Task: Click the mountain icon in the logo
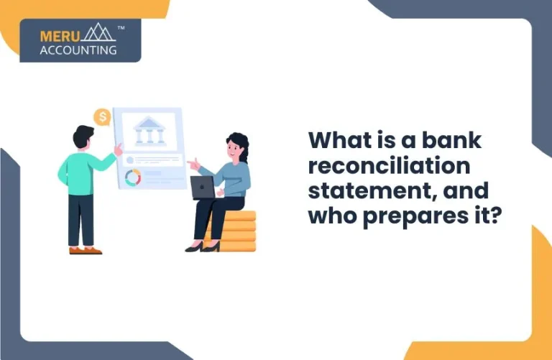coord(98,33)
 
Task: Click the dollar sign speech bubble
coord(102,116)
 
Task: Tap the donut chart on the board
coord(132,177)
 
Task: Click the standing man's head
coord(83,137)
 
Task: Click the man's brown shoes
coord(85,250)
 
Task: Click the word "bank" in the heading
coord(452,140)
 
